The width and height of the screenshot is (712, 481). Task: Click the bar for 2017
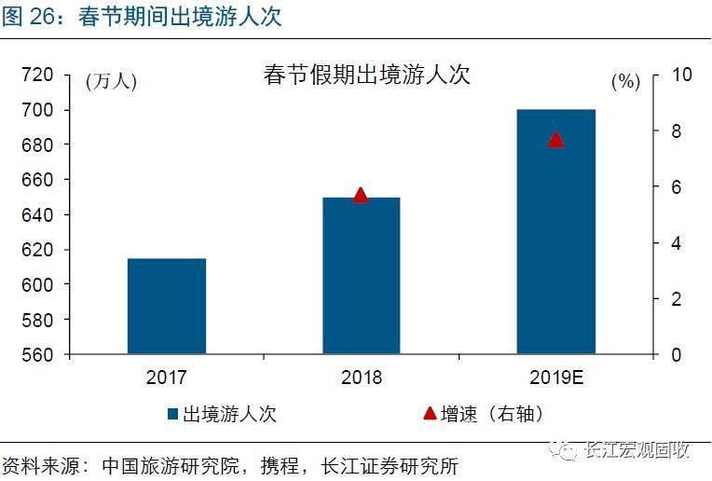(x=167, y=307)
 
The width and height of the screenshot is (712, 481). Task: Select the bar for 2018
(x=361, y=276)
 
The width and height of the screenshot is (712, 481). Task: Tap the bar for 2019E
(x=555, y=232)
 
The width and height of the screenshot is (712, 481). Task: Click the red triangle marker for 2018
(x=361, y=195)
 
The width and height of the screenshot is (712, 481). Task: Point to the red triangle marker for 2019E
(x=555, y=139)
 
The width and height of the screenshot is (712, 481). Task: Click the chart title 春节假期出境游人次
(x=366, y=76)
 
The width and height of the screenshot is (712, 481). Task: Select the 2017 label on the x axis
(x=167, y=378)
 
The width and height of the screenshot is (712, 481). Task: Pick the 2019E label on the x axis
(x=555, y=378)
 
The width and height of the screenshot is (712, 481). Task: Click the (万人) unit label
(x=111, y=82)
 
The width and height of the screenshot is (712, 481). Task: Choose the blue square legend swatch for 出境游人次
(x=173, y=414)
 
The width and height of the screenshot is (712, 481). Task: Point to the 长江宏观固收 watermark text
(x=637, y=451)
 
